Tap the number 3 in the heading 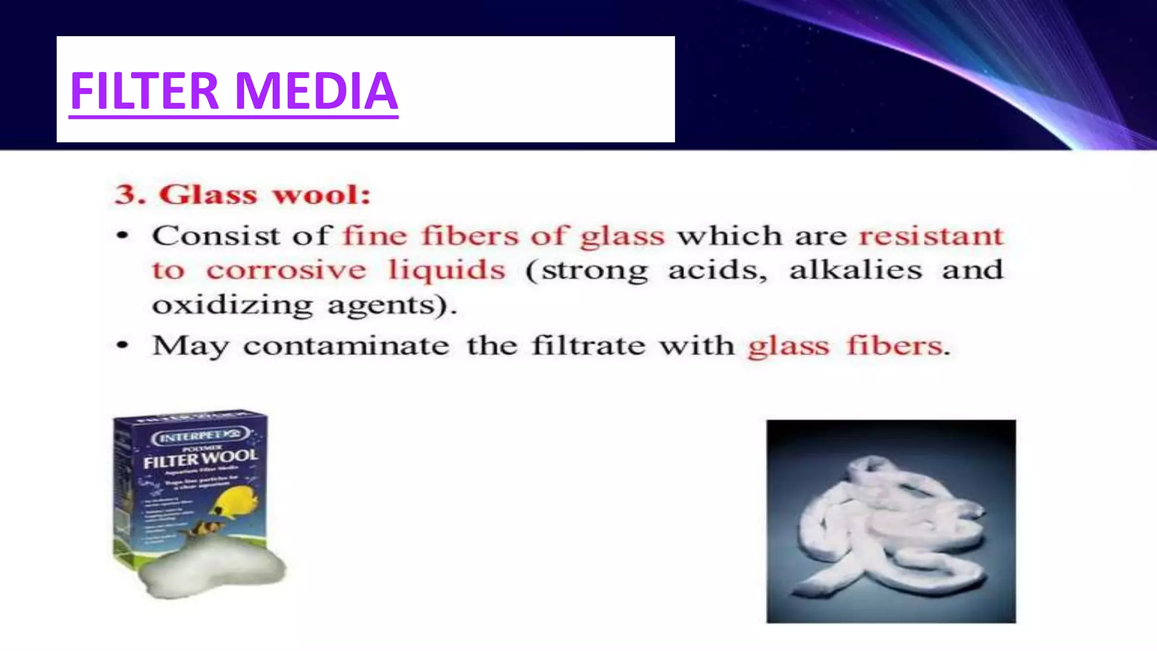pyautogui.click(x=127, y=195)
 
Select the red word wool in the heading pyautogui.click(x=321, y=195)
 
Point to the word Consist pyautogui.click(x=216, y=236)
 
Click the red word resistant pyautogui.click(x=931, y=236)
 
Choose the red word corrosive pyautogui.click(x=286, y=270)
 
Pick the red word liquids pyautogui.click(x=446, y=270)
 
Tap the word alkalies pyautogui.click(x=855, y=270)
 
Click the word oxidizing pyautogui.click(x=232, y=306)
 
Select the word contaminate pyautogui.click(x=346, y=346)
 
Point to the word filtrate pyautogui.click(x=588, y=346)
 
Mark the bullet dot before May pyautogui.click(x=123, y=345)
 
